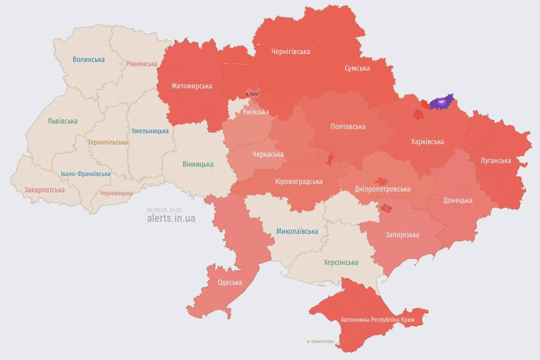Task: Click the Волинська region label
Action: tap(89, 60)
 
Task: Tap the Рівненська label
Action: tap(141, 64)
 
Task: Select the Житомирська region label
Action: tap(192, 86)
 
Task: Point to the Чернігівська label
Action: tap(290, 52)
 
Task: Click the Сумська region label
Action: tap(357, 68)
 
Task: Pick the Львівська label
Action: tap(62, 121)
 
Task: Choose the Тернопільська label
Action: tap(108, 142)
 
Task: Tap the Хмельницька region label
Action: tap(150, 131)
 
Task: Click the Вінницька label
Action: tap(198, 164)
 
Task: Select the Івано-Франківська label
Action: tap(86, 174)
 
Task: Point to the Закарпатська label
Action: tap(44, 190)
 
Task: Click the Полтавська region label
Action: tap(348, 127)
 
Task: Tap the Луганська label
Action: tap(496, 160)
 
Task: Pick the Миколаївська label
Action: tap(297, 231)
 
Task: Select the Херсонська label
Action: tap(341, 262)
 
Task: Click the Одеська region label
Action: tap(230, 282)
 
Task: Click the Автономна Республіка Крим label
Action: tap(377, 320)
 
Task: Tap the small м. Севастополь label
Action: tap(320, 341)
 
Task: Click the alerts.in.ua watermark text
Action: tap(171, 218)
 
